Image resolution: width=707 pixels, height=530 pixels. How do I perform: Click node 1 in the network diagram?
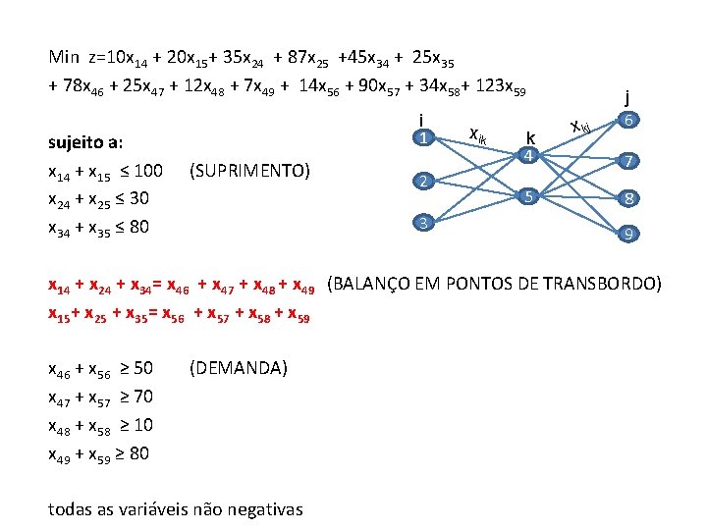click(x=422, y=138)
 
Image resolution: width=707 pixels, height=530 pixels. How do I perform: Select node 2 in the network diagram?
click(x=422, y=182)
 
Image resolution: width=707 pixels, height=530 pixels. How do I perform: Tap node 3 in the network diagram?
click(x=422, y=223)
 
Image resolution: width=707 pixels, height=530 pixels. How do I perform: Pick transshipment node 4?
click(x=527, y=155)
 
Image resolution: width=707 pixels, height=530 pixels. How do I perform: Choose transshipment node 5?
click(x=527, y=196)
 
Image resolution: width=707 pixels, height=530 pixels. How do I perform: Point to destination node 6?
click(x=629, y=120)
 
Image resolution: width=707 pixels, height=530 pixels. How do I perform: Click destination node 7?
click(x=629, y=160)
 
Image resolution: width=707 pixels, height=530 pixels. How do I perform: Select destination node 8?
click(x=629, y=198)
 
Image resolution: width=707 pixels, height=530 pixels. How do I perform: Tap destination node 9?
click(x=629, y=235)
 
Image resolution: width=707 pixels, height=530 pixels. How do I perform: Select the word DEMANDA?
click(x=237, y=368)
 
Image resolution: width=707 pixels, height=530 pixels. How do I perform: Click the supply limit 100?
click(x=148, y=172)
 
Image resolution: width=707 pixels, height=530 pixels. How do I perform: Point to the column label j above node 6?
click(x=627, y=96)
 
